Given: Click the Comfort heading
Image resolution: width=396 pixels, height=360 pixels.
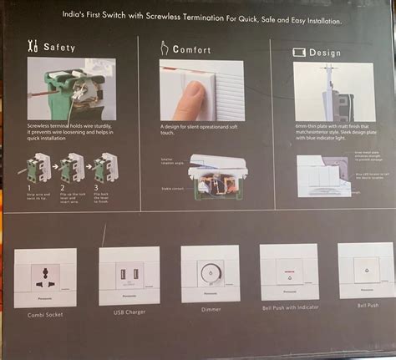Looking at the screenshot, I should point(191,49).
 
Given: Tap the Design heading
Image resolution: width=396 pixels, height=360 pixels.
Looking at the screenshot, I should point(323,51).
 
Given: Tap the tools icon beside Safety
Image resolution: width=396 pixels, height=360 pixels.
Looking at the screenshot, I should point(33,48).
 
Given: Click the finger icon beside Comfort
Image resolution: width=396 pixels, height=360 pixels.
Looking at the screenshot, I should point(162,49).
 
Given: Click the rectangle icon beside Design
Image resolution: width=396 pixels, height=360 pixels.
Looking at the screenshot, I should point(297,51).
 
